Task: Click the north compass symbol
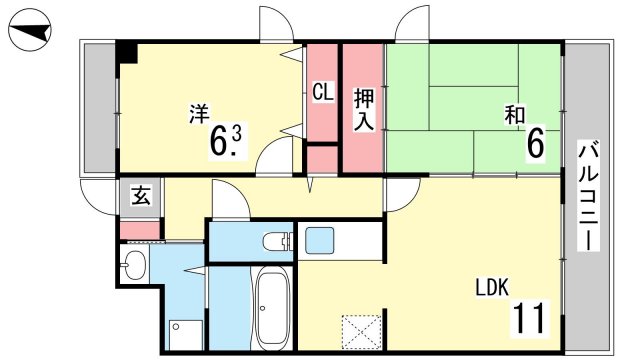pos(30,31)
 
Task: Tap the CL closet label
pos(323,91)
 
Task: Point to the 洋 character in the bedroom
pos(199,114)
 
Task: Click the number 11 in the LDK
pos(529,318)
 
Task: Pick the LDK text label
pos(492,287)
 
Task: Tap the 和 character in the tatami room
pos(514,114)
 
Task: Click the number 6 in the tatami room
pos(536,144)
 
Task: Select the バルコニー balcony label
pos(588,196)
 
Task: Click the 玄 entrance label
pos(141,196)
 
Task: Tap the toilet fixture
pos(278,241)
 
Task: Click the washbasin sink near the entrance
pos(134,264)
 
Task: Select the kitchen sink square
pos(320,241)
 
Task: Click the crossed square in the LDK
pos(361,331)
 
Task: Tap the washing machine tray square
pos(186,335)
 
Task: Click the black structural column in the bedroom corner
pos(127,52)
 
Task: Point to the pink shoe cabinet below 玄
pos(140,231)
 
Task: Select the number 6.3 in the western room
pos(226,141)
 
